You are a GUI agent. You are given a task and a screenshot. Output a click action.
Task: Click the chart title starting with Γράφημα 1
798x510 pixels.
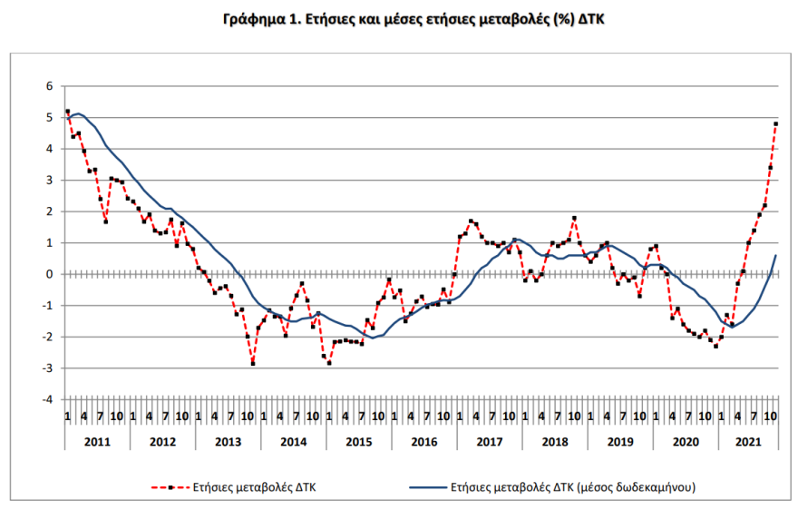point(399,18)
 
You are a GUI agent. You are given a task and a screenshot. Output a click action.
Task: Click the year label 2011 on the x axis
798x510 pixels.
point(96,442)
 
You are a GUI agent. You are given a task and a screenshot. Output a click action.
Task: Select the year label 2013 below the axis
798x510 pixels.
point(227,442)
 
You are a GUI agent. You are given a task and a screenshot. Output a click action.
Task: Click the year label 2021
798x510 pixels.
point(748,442)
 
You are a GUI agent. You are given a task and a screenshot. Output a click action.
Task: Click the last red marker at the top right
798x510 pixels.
point(776,123)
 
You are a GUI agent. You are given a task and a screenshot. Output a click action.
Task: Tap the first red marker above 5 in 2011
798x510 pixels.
point(67,112)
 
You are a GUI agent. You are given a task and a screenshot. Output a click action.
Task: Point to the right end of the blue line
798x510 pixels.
point(776,256)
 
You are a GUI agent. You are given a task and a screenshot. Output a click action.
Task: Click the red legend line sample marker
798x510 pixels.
point(170,486)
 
